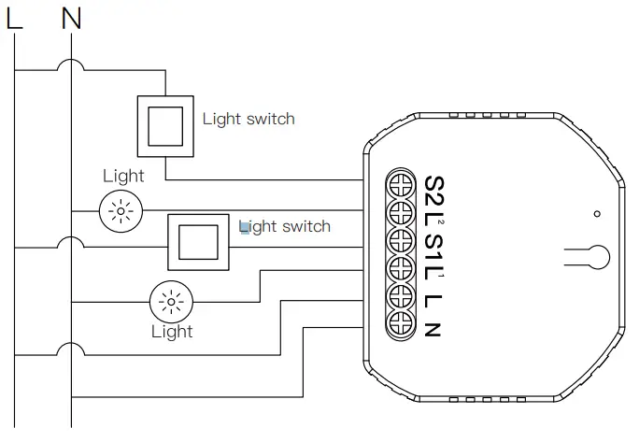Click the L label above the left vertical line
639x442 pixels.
[14, 18]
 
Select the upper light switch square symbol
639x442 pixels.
[165, 125]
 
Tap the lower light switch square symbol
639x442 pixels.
[196, 241]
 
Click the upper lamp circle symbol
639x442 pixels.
[121, 210]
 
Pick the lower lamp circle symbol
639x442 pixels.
[170, 301]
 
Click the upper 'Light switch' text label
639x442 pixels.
[248, 119]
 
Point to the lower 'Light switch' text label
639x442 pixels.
[285, 226]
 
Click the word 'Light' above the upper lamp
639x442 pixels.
[123, 176]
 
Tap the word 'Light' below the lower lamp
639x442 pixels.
[172, 332]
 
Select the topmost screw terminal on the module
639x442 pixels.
[401, 180]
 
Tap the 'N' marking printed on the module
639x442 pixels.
[433, 327]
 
